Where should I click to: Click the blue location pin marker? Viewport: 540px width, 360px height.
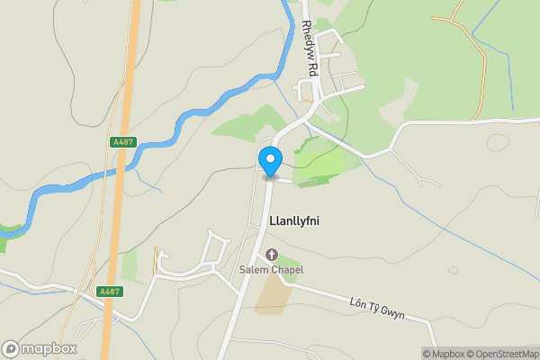(x=270, y=161)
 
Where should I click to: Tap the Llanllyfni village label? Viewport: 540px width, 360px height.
(x=294, y=220)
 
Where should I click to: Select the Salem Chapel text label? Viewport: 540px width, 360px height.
(x=271, y=270)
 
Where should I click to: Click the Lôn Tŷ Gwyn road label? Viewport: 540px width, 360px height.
(x=377, y=307)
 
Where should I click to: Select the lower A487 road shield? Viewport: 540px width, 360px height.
(x=109, y=292)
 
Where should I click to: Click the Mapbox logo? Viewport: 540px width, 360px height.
(x=39, y=348)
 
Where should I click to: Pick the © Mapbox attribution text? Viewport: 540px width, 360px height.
(x=441, y=354)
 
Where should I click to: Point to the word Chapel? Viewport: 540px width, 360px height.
(x=285, y=270)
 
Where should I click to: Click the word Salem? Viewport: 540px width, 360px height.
(x=253, y=270)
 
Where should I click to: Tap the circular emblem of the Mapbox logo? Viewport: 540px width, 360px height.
(x=11, y=348)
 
